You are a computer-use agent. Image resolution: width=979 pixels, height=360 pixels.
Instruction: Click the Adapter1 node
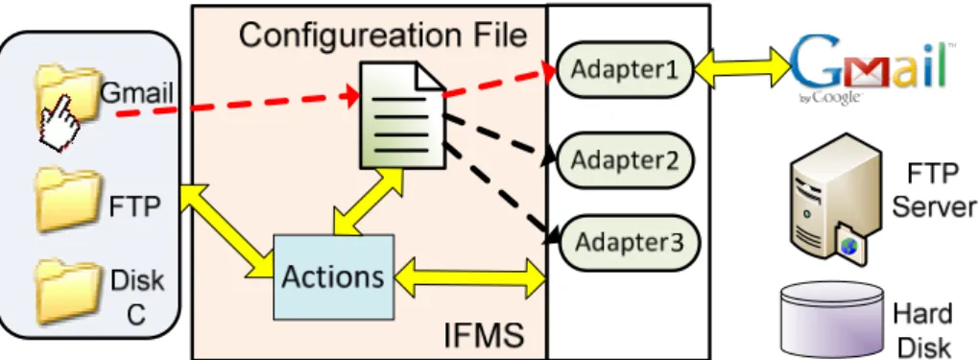[625, 69]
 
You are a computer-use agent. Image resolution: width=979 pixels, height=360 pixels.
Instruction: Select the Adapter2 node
[625, 160]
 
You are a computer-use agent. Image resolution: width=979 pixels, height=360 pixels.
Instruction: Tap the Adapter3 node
[629, 242]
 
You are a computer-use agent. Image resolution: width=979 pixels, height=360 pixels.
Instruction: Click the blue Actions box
[334, 276]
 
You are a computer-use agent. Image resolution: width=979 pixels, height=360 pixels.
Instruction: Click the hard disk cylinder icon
[833, 320]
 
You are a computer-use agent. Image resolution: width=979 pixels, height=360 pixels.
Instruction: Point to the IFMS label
[483, 336]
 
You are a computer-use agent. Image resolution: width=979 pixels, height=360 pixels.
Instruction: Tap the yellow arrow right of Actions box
[469, 276]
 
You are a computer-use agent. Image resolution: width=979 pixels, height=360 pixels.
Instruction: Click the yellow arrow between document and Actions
[368, 201]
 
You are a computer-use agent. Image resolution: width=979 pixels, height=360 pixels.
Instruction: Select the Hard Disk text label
[922, 329]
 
